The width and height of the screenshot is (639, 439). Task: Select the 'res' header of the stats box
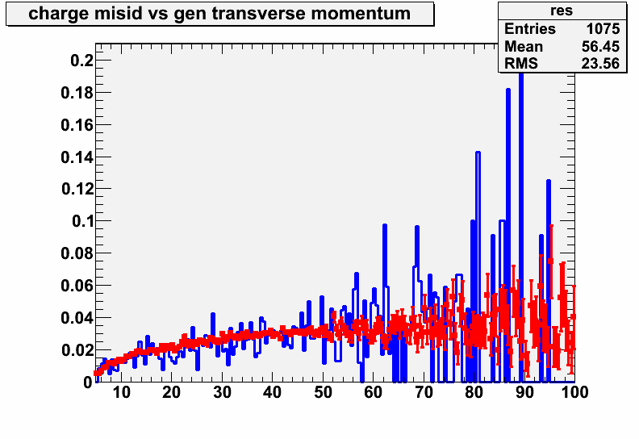562,10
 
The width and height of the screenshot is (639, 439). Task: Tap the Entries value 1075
603,29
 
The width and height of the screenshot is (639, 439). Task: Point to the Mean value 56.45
600,47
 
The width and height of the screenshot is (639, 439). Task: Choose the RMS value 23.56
600,64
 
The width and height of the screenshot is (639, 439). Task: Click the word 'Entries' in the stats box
530,29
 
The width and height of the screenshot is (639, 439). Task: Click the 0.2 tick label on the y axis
82,61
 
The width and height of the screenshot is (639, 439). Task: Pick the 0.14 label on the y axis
77,157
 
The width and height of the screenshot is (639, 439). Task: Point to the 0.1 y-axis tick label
83,221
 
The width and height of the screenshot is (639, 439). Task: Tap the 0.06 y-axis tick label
77,286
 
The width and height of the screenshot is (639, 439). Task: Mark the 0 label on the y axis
89,383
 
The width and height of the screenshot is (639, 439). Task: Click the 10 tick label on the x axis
121,392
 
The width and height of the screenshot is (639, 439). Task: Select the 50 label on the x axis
323,392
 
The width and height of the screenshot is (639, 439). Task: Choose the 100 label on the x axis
574,392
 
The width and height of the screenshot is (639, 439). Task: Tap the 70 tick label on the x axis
424,392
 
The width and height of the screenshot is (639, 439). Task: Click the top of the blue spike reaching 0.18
508,90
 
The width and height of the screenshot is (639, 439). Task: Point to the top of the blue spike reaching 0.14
478,153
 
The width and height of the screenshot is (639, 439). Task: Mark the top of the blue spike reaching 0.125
549,181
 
